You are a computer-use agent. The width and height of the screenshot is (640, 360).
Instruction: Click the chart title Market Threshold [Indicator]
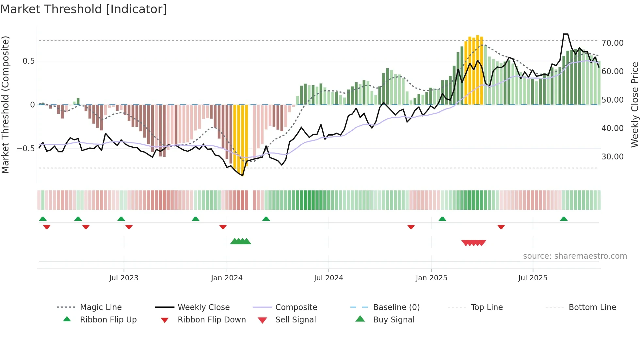pyautogui.click(x=84, y=9)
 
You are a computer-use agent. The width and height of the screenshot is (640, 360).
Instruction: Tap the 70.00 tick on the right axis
pyautogui.click(x=612, y=43)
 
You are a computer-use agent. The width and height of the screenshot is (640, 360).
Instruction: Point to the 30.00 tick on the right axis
pyautogui.click(x=612, y=157)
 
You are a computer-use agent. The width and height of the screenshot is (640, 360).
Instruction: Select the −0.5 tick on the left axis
pyautogui.click(x=25, y=149)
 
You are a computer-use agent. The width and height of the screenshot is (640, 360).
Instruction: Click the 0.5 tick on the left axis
pyautogui.click(x=28, y=61)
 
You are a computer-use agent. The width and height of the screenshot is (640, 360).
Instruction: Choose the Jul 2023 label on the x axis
pyautogui.click(x=124, y=278)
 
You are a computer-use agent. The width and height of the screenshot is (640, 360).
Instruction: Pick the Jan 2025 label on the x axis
pyautogui.click(x=431, y=278)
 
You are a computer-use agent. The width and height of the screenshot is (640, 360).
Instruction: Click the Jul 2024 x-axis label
pyautogui.click(x=328, y=278)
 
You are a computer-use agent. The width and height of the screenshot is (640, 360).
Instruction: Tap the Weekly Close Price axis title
pyautogui.click(x=634, y=105)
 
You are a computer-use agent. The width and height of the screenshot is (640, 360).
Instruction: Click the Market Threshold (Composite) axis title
pyautogui.click(x=5, y=105)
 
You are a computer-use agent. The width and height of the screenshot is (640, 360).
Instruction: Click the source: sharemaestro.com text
pyautogui.click(x=575, y=256)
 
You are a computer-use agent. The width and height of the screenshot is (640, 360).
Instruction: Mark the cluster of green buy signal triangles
pyautogui.click(x=241, y=242)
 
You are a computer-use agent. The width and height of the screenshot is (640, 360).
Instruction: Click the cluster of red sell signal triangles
pyautogui.click(x=473, y=243)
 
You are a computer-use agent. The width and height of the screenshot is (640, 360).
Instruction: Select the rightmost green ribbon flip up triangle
pyautogui.click(x=564, y=219)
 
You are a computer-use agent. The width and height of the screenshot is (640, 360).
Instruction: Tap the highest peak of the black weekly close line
pyautogui.click(x=566, y=34)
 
